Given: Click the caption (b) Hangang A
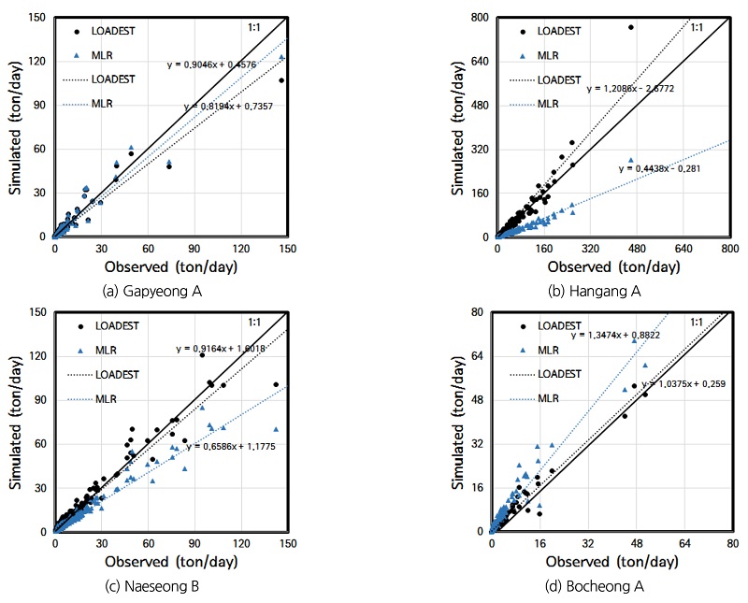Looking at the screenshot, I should coord(594,291).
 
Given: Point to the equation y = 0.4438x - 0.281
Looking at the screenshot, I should coord(659,168).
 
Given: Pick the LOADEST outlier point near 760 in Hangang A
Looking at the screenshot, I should coord(631,27).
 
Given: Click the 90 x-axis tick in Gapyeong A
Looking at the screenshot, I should coord(194,250).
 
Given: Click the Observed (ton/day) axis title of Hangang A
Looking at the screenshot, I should coord(612,267).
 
